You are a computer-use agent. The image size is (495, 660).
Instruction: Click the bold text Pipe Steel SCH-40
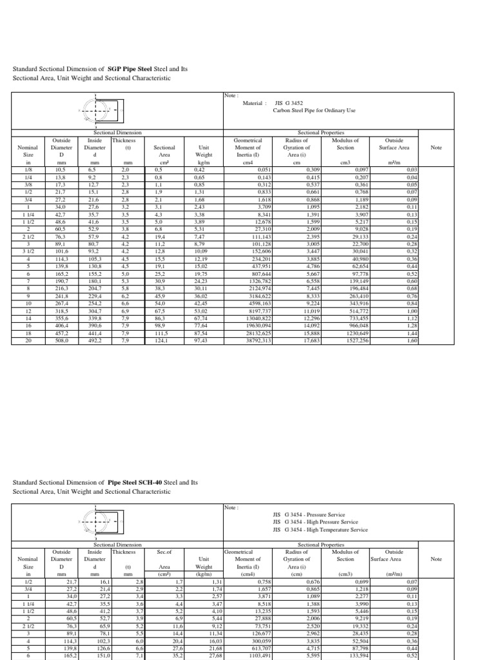click(138, 482)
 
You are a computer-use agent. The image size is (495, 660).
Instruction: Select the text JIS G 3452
click(288, 102)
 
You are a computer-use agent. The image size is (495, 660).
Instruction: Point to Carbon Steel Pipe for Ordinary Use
click(314, 111)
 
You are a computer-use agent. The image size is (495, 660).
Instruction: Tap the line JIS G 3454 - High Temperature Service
click(320, 530)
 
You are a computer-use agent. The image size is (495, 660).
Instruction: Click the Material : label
click(255, 102)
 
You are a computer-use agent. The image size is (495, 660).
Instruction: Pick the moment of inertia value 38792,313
click(273, 341)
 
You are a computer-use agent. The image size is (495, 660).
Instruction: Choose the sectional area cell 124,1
click(164, 341)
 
